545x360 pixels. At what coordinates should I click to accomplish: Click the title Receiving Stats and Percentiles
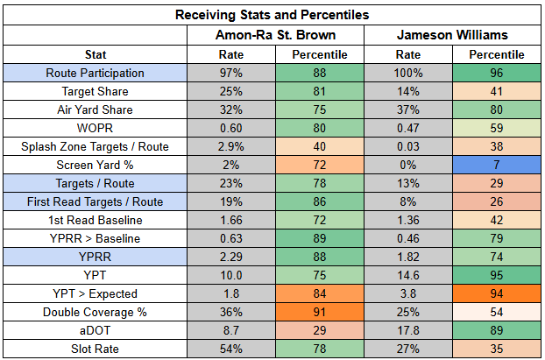pos(272,15)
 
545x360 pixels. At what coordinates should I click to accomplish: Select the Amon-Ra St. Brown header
pos(276,35)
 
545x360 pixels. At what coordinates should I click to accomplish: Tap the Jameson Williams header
pos(452,35)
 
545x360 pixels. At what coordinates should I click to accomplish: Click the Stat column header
pos(96,54)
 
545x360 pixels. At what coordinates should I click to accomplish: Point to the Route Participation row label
pos(96,73)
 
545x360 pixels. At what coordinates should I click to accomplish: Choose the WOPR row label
pos(96,128)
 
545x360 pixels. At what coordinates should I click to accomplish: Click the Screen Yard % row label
pos(96,165)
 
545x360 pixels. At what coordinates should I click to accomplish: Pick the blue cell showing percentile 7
pos(497,165)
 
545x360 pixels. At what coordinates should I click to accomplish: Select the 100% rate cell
pos(408,73)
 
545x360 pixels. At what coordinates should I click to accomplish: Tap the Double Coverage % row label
pos(96,312)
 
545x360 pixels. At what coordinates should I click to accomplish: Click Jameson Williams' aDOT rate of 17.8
pos(408,330)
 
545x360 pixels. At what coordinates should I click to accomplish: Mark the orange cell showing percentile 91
pos(320,312)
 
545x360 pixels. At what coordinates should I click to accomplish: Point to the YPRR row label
pos(96,257)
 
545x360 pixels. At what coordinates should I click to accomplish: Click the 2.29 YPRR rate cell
pos(231,257)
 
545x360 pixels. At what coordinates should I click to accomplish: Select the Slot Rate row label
pos(96,349)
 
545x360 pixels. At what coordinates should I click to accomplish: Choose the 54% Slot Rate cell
pos(231,349)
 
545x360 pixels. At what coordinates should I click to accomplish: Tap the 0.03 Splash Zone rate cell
pos(408,146)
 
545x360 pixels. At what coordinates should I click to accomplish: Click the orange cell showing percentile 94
pos(497,293)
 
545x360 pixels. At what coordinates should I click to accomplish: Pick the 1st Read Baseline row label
pos(96,221)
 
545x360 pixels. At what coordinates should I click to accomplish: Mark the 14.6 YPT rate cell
pos(408,275)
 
